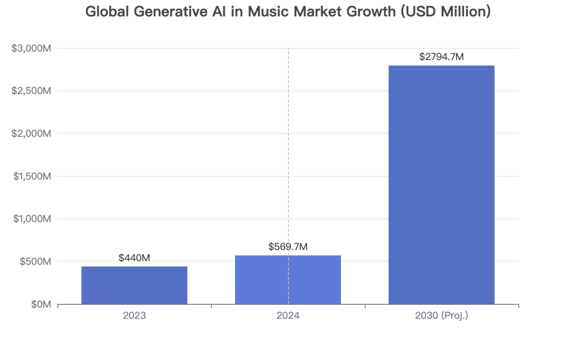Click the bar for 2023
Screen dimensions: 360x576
coord(134,285)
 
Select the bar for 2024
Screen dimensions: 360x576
coord(287,280)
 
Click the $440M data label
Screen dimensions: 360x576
coord(134,258)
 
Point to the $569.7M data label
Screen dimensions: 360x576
coord(288,246)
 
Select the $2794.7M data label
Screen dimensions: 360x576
coord(442,56)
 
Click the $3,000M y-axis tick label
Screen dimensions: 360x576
coord(31,48)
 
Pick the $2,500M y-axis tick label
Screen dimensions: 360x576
coord(31,91)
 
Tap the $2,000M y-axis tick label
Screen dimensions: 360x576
coord(31,134)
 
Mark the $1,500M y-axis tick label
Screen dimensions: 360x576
coord(32,176)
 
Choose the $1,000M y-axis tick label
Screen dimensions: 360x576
coord(32,219)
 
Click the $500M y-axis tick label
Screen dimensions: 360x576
coord(35,262)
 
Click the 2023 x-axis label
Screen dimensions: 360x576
coord(134,316)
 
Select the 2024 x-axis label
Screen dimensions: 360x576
coord(287,316)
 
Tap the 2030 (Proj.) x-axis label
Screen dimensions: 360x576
coord(442,316)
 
